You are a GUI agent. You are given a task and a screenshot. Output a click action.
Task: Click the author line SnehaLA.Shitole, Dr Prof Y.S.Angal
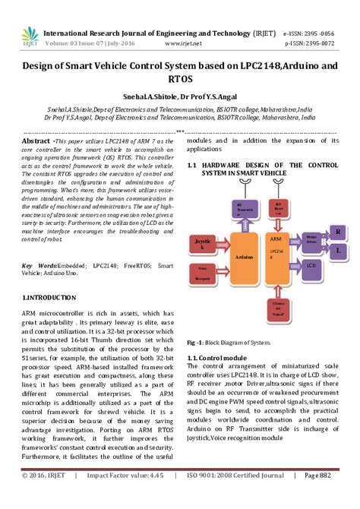(x=179, y=98)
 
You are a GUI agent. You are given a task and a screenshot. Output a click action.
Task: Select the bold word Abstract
(x=36, y=142)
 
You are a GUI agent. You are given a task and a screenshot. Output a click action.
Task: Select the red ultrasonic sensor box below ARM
(x=279, y=305)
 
